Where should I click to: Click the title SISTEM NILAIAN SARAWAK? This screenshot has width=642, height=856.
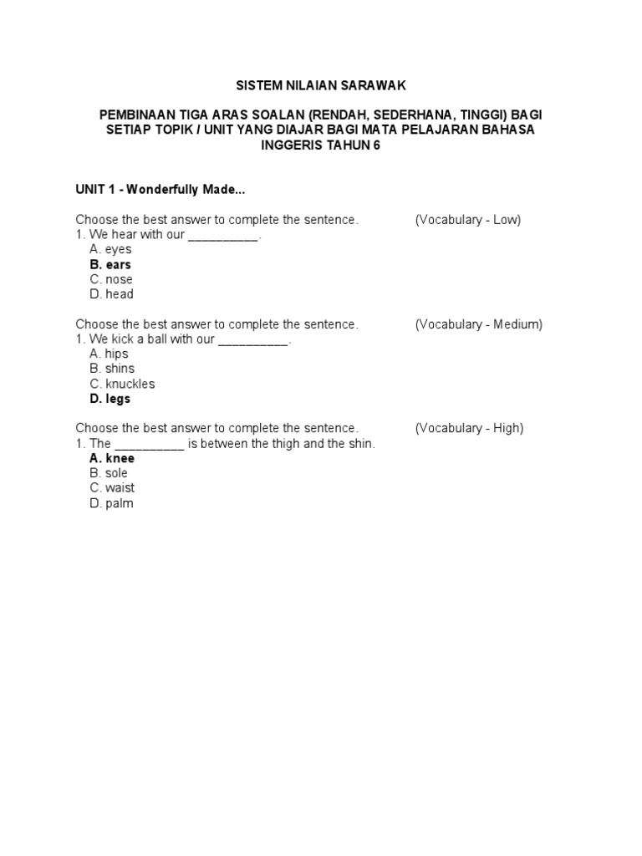coord(321,85)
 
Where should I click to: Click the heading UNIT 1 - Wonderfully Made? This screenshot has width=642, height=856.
coord(160,190)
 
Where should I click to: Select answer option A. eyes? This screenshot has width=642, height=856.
coord(110,249)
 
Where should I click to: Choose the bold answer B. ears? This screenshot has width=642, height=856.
coord(110,264)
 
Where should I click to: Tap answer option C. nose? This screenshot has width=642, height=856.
coord(111,279)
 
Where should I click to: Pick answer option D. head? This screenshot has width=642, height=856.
coord(111,294)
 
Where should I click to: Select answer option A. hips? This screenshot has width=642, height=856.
coord(109,354)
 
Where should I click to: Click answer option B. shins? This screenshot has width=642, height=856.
coord(112,369)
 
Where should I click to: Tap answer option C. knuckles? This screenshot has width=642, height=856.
coord(122,384)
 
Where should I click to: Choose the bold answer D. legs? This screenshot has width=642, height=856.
coord(110,399)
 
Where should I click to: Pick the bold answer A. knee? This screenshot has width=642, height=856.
coord(112,458)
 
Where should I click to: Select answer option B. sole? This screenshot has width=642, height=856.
coord(109,473)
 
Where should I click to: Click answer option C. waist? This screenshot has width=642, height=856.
coord(112,488)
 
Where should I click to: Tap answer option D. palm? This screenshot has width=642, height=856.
coord(111,503)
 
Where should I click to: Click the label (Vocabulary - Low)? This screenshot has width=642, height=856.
coord(468,220)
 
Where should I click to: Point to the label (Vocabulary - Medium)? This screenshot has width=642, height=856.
coord(479,324)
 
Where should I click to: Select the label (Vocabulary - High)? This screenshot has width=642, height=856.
coord(469,428)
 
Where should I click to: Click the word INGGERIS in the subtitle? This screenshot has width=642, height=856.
coord(296,145)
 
